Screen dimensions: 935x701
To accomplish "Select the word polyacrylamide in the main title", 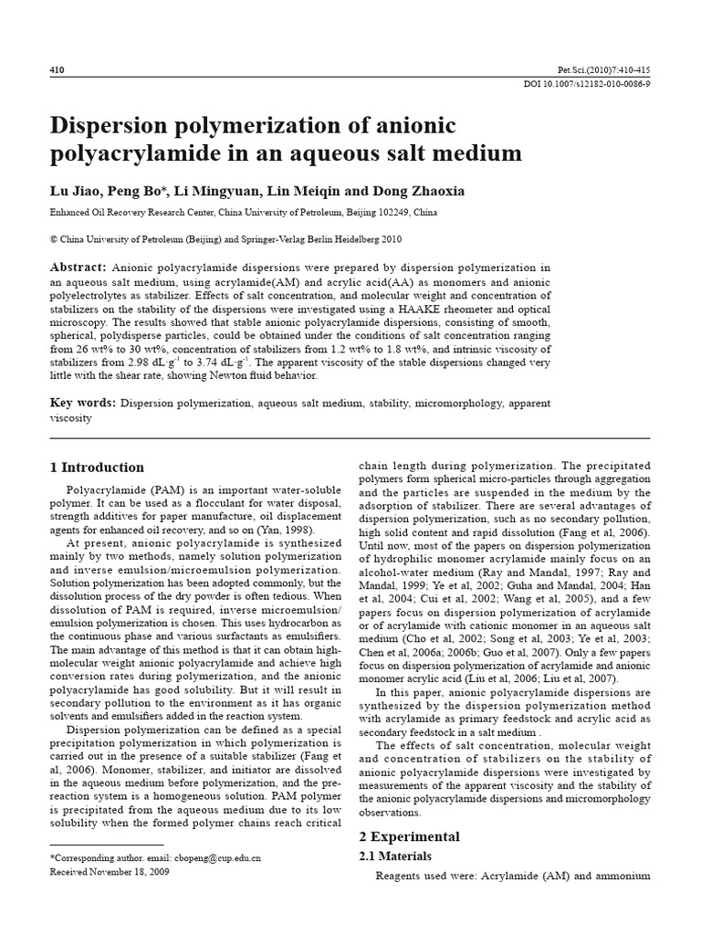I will click(131, 153).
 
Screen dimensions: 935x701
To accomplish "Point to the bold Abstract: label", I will click(78, 268).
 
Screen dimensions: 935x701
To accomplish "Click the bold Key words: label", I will click(82, 403).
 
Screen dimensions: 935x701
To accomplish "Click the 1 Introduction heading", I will click(98, 467).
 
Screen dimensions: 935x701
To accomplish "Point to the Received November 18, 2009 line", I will click(110, 872).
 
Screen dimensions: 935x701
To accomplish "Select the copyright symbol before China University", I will click(53, 239).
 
